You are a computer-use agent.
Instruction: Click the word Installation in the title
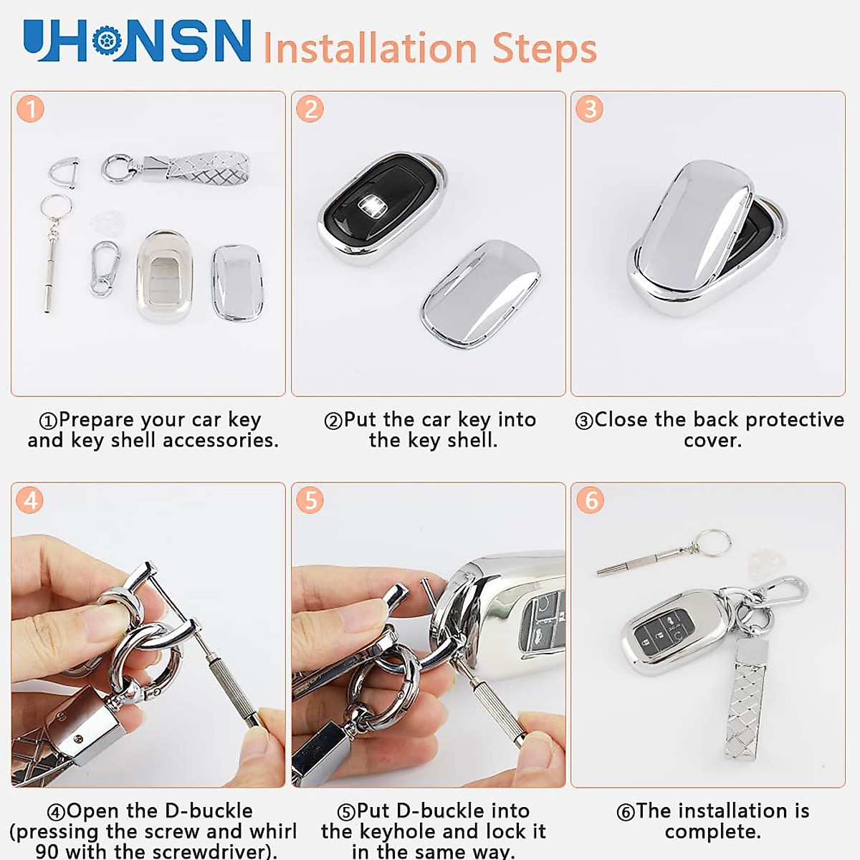point(370,49)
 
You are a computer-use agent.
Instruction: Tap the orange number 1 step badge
point(31,109)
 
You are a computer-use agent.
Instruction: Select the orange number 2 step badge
point(310,109)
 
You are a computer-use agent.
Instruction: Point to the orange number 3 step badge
point(590,109)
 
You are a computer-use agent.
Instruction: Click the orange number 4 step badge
point(31,500)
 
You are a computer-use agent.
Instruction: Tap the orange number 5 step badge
point(310,500)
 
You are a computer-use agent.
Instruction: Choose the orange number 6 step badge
point(590,500)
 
